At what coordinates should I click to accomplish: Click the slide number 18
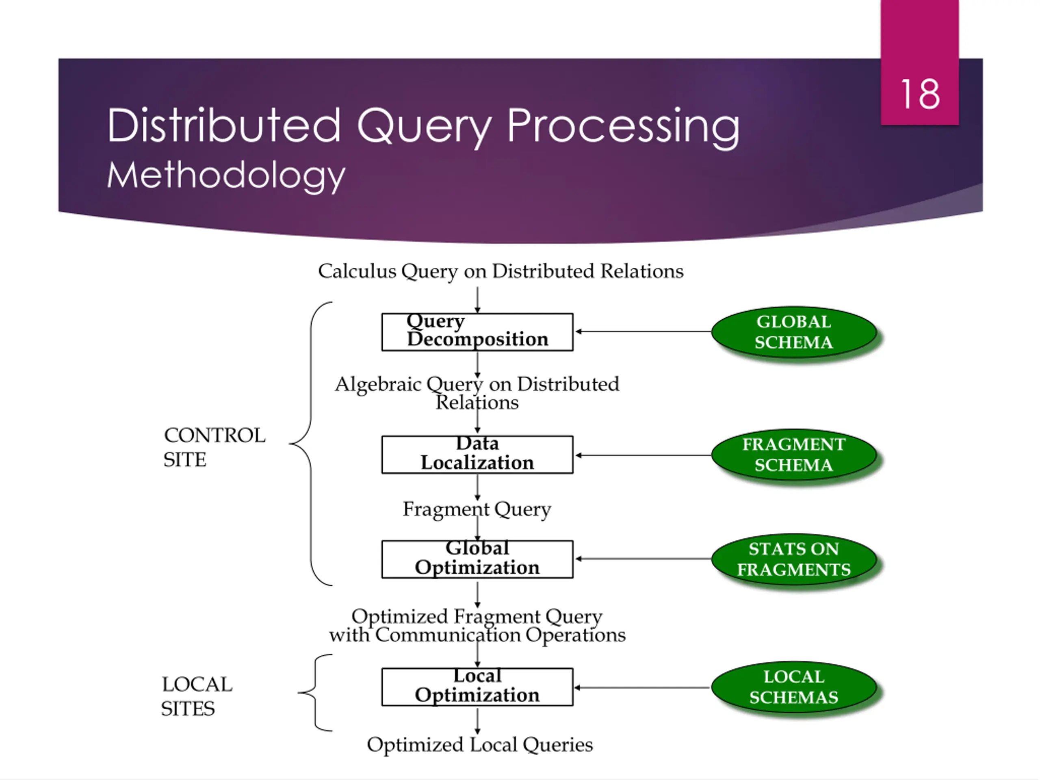pyautogui.click(x=920, y=94)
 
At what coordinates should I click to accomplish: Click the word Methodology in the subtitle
pyautogui.click(x=226, y=176)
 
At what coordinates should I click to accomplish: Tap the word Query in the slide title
pyautogui.click(x=424, y=126)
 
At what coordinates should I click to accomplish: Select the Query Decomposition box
pyautogui.click(x=477, y=332)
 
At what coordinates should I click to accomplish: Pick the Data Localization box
pyautogui.click(x=477, y=455)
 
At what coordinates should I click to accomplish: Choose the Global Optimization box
pyautogui.click(x=477, y=559)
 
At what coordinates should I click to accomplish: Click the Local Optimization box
pyautogui.click(x=477, y=687)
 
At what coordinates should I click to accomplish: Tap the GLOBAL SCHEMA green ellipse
pyautogui.click(x=794, y=332)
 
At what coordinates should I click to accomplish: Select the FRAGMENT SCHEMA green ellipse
pyautogui.click(x=794, y=455)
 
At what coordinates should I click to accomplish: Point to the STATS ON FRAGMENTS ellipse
pyautogui.click(x=794, y=559)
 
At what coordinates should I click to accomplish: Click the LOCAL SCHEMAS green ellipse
pyautogui.click(x=794, y=687)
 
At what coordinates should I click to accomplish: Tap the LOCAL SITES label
pyautogui.click(x=197, y=696)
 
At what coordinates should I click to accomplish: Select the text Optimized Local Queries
pyautogui.click(x=479, y=745)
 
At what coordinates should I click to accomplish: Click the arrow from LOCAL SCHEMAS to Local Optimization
pyautogui.click(x=642, y=687)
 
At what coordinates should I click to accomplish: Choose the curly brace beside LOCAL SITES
pyautogui.click(x=314, y=693)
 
